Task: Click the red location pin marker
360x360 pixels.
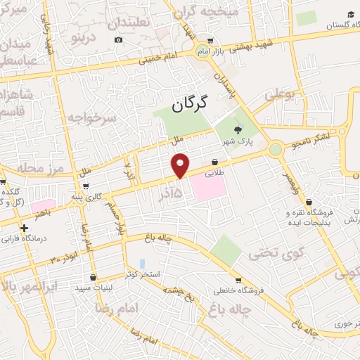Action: (181, 165)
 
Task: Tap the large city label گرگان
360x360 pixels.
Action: (191, 105)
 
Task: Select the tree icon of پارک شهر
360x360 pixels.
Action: (237, 129)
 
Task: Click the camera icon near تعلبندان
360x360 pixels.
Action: (118, 39)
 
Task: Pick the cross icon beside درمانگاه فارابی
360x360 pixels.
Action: (25, 228)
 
